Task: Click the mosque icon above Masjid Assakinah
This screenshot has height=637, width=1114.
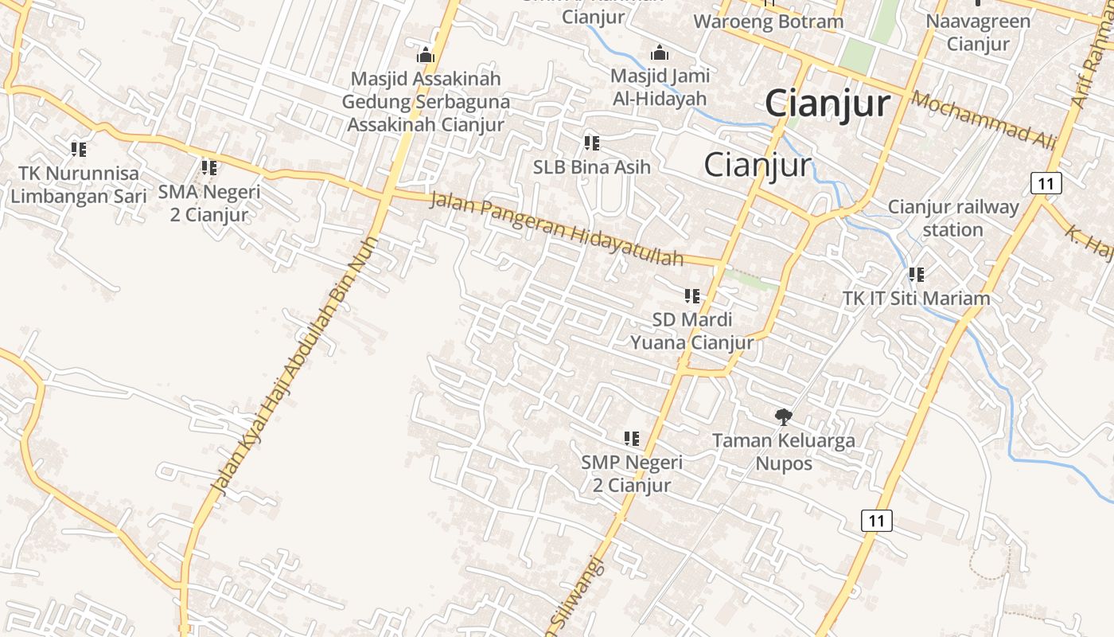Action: coord(426,55)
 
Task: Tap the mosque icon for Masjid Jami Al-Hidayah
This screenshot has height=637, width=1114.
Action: coord(659,53)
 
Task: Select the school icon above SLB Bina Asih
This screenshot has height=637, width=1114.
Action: coord(591,143)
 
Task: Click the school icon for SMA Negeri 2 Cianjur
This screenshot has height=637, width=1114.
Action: coord(208,168)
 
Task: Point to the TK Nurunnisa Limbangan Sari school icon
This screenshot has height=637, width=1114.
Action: coord(78,149)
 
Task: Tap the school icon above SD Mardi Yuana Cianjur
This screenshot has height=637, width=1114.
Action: coord(692,296)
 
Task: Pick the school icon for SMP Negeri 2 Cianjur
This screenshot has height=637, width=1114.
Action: coord(631,438)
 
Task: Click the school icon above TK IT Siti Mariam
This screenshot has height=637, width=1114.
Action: coord(916,275)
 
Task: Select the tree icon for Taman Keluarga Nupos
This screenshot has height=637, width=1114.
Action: coord(784,416)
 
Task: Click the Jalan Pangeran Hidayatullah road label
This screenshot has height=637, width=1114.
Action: coord(557,229)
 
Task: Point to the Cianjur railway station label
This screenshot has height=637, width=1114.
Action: coord(953,218)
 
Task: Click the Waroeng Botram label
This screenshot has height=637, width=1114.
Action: coord(768,21)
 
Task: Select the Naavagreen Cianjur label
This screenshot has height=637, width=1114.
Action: coord(978,32)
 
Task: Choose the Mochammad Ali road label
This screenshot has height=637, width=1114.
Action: coord(984,120)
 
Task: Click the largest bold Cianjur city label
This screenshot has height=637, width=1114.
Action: coord(828,104)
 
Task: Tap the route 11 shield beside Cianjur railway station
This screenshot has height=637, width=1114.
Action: coord(1046,183)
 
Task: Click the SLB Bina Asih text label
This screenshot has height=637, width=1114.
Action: coord(591,167)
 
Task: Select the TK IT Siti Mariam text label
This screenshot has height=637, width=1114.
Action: coord(916,299)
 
